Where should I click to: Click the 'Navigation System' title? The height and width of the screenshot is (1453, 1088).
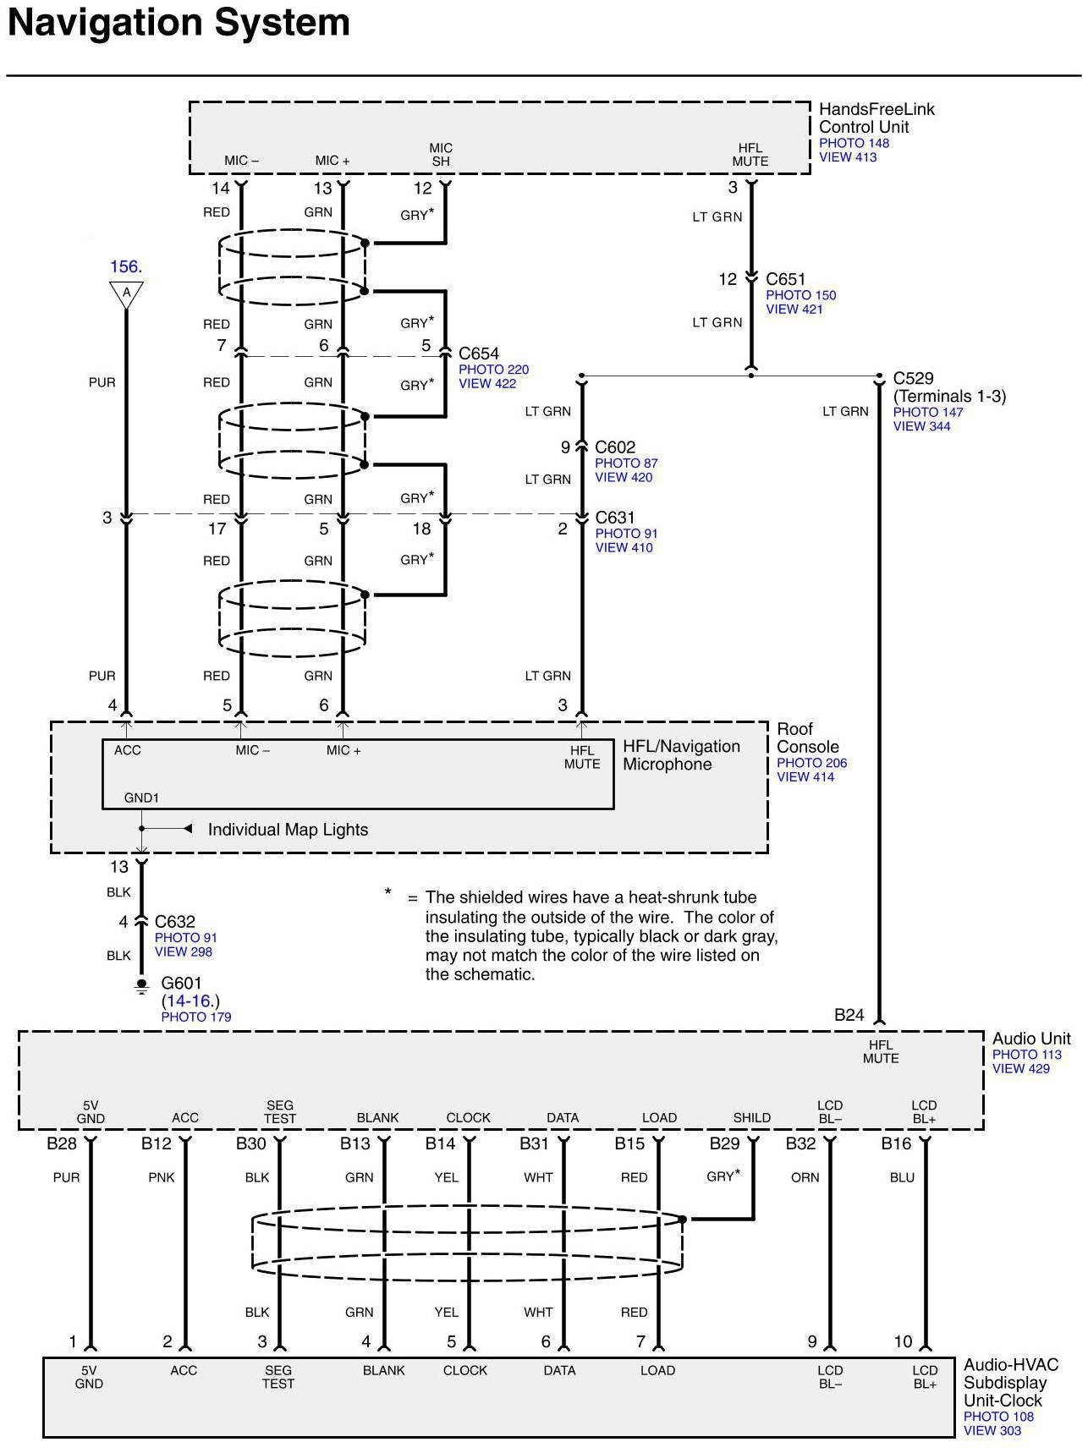(x=179, y=24)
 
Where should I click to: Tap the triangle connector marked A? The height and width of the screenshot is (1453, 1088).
(x=126, y=293)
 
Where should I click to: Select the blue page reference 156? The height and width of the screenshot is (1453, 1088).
(x=125, y=266)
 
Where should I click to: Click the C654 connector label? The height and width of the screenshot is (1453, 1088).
(x=479, y=354)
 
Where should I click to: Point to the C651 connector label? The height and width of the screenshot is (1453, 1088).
(x=786, y=279)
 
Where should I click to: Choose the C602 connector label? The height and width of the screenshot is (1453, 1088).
(x=615, y=447)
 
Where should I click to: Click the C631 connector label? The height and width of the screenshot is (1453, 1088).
(x=615, y=518)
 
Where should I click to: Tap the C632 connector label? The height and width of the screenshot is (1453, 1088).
(x=175, y=922)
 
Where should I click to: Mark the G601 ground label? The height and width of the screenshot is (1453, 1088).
(x=181, y=985)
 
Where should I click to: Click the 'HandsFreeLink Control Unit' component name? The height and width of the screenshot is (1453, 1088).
(x=876, y=118)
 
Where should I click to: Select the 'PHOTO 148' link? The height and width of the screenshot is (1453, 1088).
(x=854, y=144)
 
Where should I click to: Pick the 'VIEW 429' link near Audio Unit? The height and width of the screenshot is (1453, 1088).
(x=1020, y=1069)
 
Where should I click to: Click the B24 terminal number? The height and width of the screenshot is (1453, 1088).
(x=849, y=1015)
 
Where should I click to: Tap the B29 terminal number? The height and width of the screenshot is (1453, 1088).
(x=724, y=1144)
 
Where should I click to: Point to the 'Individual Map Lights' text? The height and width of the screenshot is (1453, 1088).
(x=288, y=830)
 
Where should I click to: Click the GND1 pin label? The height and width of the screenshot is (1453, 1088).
(x=141, y=798)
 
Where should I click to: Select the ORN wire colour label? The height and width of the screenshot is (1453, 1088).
(x=805, y=1177)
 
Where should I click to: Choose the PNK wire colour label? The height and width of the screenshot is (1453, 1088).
(x=162, y=1177)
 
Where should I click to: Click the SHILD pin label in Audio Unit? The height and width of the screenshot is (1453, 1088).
(x=752, y=1117)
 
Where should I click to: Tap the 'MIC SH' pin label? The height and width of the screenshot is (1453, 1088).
(x=441, y=155)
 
